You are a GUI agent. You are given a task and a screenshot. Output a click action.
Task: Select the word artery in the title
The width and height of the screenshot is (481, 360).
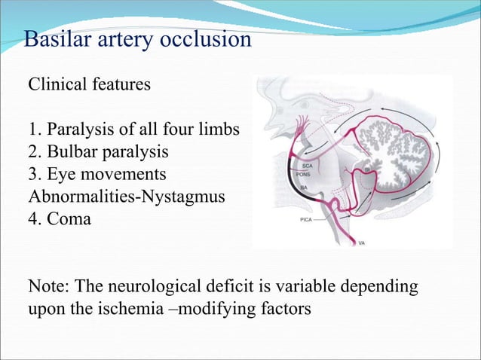tap(125, 39)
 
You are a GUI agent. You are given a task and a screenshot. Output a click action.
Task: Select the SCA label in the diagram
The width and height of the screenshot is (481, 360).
tap(308, 165)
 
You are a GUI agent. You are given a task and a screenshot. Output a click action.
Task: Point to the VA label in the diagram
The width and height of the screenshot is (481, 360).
tap(363, 244)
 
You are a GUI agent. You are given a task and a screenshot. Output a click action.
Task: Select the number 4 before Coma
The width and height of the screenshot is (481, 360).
tap(32, 219)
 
